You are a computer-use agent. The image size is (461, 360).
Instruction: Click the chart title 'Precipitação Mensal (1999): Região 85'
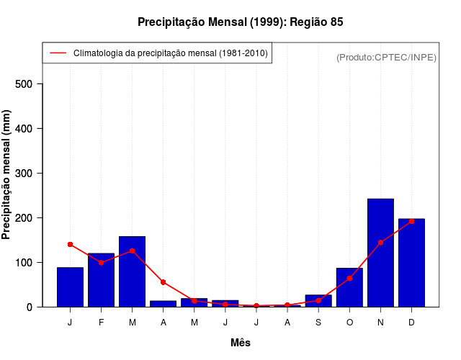tap(241, 22)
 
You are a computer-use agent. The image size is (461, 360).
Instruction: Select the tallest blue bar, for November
tap(380, 252)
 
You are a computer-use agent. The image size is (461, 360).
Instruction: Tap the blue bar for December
tap(411, 263)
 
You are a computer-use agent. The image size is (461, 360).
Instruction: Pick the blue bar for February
tap(102, 280)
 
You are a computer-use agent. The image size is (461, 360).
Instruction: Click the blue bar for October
tap(349, 287)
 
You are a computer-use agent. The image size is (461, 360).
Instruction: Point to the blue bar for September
tap(318, 301)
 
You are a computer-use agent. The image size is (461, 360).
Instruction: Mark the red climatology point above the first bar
tap(71, 245)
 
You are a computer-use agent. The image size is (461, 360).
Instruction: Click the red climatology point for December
tap(411, 222)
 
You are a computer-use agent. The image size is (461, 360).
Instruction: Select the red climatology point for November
tap(380, 243)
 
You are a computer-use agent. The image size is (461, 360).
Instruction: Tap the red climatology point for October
tap(349, 278)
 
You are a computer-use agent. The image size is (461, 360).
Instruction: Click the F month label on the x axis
tap(102, 322)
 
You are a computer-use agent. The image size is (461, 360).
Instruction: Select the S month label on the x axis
tap(318, 322)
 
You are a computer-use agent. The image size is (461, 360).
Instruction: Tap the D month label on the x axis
tap(411, 322)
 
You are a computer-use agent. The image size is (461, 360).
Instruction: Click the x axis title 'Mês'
tap(241, 343)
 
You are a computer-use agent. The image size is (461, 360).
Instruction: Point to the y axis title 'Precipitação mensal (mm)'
tap(7, 179)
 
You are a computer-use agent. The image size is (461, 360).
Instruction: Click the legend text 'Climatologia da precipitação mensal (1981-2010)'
tap(171, 53)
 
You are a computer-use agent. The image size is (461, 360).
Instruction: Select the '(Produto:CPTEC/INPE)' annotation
tap(386, 57)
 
